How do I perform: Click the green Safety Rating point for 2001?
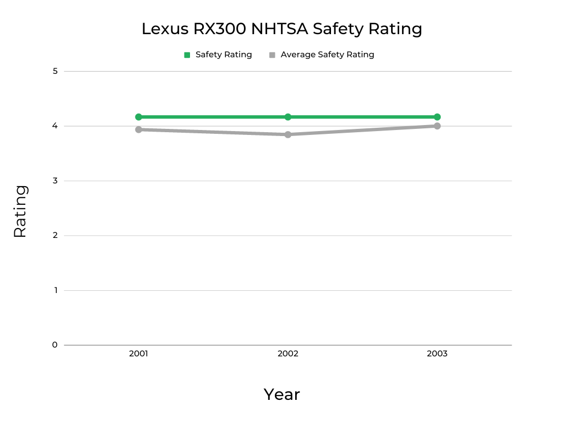pos(138,117)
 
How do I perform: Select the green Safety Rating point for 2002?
pos(288,117)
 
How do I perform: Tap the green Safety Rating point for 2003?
pos(437,117)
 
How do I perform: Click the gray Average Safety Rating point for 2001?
pos(138,129)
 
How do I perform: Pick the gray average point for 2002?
pos(288,134)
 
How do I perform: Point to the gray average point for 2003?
pos(437,126)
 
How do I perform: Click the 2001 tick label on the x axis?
pos(138,354)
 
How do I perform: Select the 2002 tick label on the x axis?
pos(288,354)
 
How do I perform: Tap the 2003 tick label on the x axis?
pos(437,354)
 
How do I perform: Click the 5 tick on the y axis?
pos(55,71)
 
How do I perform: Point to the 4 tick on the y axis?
pos(55,126)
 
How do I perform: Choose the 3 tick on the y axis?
pos(55,181)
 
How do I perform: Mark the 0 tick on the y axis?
pos(55,345)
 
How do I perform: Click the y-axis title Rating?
pos(20,211)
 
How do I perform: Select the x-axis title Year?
pos(281,394)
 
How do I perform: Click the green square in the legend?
pos(187,55)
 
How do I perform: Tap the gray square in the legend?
pos(272,55)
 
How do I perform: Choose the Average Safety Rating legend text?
pos(327,55)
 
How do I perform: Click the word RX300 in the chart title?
pos(219,29)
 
